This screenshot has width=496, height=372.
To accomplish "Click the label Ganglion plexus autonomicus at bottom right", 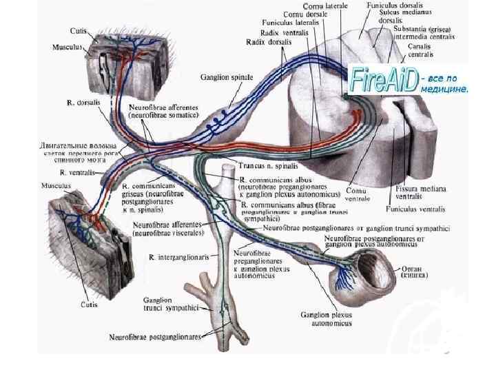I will pos(326,318).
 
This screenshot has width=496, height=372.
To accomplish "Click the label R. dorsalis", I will pos(83,102).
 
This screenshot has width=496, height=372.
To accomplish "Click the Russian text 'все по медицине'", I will pos(443,83).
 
